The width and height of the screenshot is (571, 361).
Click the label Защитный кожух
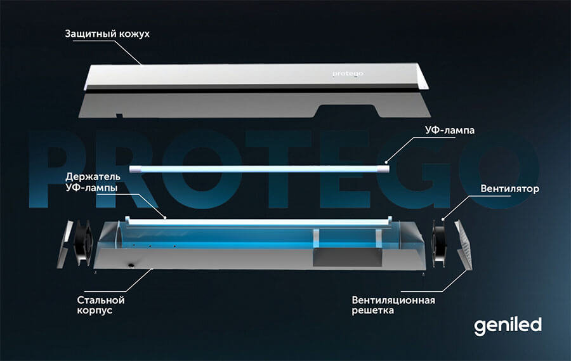(x=107, y=33)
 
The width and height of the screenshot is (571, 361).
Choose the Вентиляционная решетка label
(x=393, y=305)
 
